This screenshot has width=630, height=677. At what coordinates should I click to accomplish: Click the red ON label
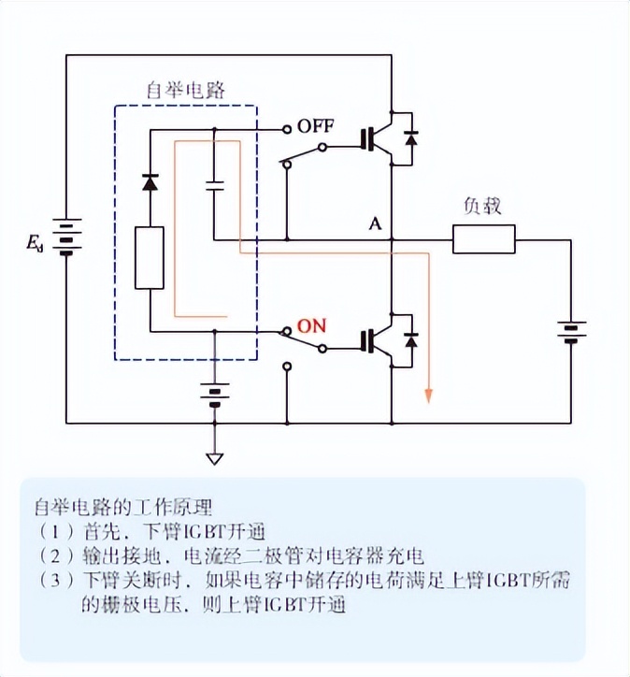pos(311,326)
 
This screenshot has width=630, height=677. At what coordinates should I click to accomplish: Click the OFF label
pos(316,126)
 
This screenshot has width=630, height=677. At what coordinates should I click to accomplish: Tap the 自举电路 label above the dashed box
pos(186,90)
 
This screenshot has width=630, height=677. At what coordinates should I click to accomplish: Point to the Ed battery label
pos(35,245)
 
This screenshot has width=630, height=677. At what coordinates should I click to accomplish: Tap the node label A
pos(375,223)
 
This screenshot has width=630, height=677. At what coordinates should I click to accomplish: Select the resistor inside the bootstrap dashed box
pos(150,257)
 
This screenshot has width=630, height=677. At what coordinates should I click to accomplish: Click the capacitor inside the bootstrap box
pos(214,183)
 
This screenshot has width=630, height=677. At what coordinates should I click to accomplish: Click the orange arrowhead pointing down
pos(428,395)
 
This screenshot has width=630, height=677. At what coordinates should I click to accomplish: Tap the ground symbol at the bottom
pos(215,458)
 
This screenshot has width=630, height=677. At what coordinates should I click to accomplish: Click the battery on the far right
pos(570,331)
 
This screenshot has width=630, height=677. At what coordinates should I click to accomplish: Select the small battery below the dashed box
pos(215,393)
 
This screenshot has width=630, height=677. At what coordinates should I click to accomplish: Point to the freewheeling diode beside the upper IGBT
pos(409,138)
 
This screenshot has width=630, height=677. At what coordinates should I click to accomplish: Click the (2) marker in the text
pos(55,555)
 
